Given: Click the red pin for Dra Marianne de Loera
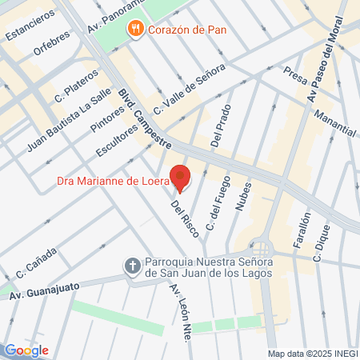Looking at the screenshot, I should [181, 178].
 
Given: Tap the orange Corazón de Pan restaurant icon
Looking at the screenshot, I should [137, 30].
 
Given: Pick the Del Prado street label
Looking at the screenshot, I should [220, 126].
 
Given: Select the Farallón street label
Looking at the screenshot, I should [300, 232].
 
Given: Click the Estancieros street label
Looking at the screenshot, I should [30, 25].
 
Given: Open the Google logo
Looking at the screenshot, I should [26, 350].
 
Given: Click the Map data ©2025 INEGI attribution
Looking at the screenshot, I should [311, 354].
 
